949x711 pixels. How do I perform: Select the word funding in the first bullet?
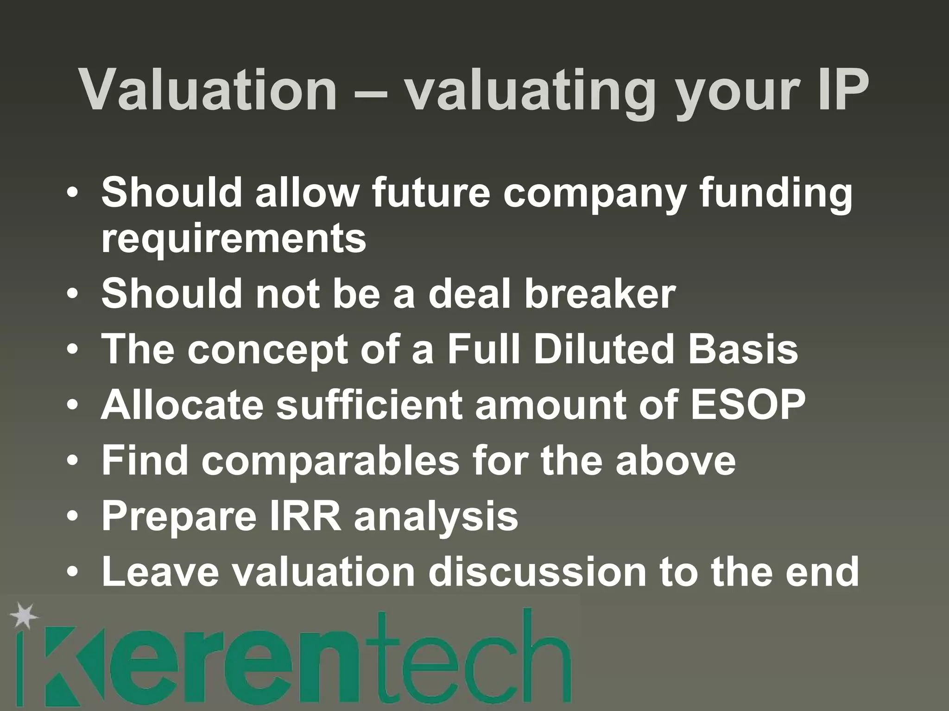[775, 194]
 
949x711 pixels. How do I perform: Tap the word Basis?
[743, 350]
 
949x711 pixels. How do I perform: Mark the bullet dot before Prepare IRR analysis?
[73, 518]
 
